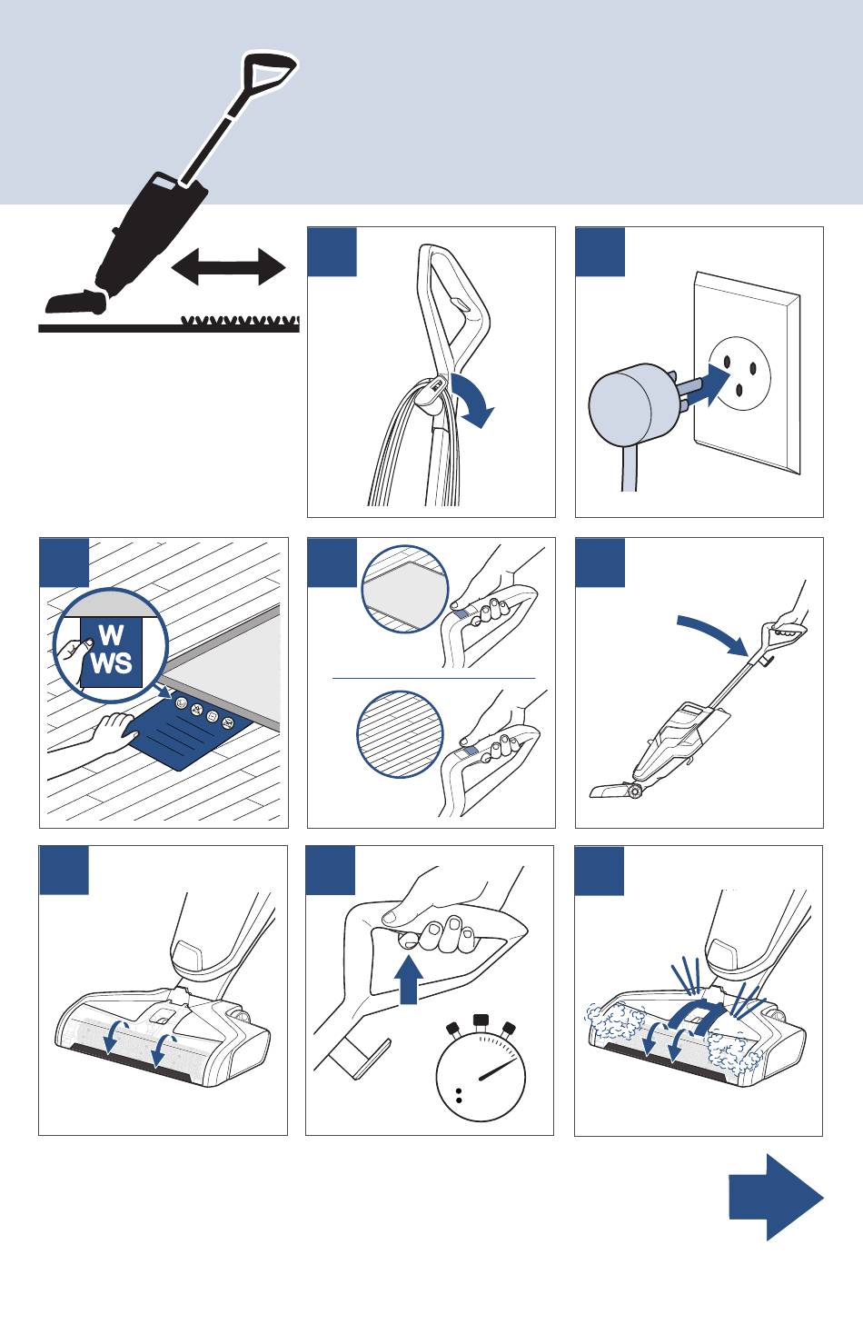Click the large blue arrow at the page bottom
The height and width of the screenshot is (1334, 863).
click(776, 1197)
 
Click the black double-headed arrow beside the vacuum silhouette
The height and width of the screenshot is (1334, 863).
click(229, 266)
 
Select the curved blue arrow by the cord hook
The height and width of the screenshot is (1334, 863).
click(472, 400)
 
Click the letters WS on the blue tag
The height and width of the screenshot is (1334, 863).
click(112, 662)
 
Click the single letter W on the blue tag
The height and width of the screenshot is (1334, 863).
click(112, 635)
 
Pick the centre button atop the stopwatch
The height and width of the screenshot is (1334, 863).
click(481, 1020)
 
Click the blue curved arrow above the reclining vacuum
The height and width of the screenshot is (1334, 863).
click(712, 634)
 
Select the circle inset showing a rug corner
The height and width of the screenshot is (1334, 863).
click(405, 588)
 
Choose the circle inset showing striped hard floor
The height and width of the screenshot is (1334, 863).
click(400, 733)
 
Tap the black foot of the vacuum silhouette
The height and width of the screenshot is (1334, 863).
click(76, 303)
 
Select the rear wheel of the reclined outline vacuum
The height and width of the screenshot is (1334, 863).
click(636, 791)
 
